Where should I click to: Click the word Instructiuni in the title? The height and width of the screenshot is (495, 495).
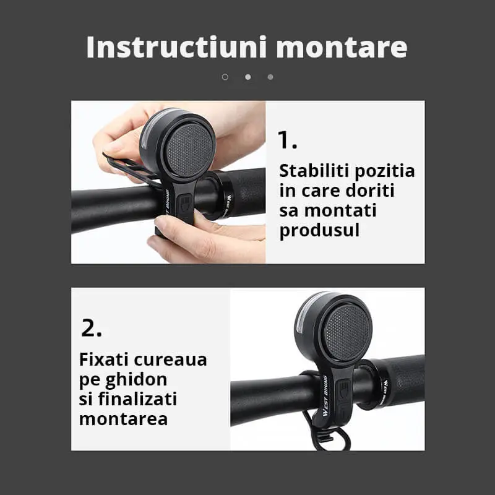click(177, 47)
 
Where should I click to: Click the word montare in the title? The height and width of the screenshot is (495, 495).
click(342, 48)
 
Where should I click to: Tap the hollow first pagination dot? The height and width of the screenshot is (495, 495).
click(225, 77)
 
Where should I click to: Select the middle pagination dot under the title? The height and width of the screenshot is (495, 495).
click(248, 77)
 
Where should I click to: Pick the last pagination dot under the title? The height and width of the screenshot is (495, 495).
click(270, 77)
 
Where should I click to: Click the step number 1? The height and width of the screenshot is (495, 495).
click(287, 140)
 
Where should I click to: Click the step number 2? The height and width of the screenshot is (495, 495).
click(92, 328)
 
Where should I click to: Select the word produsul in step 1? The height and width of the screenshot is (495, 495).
click(319, 231)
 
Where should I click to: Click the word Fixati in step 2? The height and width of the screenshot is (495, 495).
click(103, 359)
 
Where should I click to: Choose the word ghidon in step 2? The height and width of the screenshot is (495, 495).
click(136, 380)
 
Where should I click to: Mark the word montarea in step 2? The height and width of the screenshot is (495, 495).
click(123, 420)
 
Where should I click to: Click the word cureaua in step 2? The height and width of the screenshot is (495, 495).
click(171, 360)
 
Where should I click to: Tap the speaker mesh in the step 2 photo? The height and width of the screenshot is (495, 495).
click(347, 333)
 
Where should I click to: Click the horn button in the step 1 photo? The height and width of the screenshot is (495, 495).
click(183, 205)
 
